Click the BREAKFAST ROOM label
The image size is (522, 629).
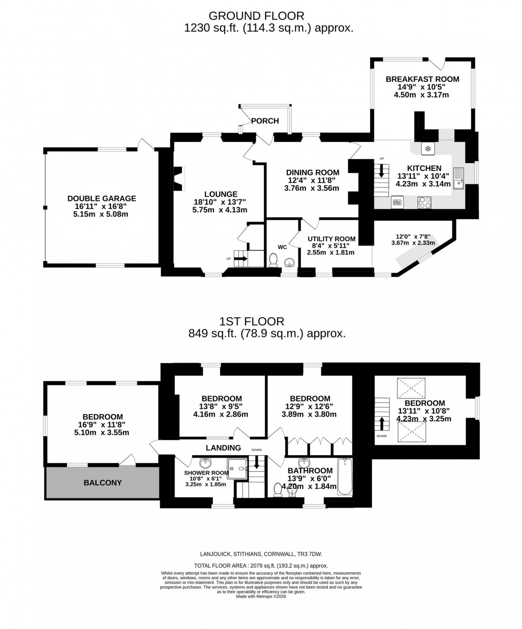click(422, 79)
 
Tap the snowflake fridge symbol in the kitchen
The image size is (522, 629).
click(427, 149)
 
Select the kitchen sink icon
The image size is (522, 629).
click(458, 178)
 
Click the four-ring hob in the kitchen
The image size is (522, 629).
click(424, 202)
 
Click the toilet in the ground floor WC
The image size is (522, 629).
click(273, 260)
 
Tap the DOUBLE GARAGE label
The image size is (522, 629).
click(102, 198)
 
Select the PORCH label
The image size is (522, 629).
click(265, 121)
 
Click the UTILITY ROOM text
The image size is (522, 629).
click(331, 239)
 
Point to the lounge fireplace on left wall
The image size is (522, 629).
click(179, 179)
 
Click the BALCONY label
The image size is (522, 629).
click(102, 482)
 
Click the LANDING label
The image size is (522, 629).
click(223, 448)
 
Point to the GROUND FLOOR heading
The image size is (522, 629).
click(256, 16)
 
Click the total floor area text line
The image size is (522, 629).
click(261, 566)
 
